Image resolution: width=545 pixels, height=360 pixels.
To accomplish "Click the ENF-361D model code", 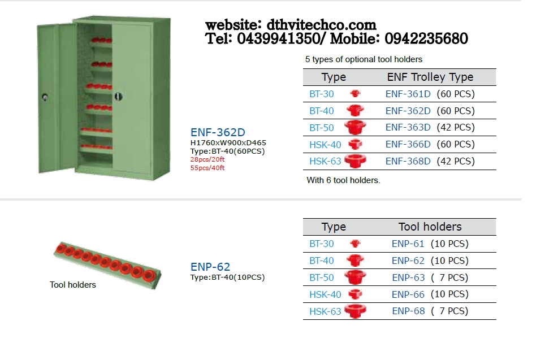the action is click(x=408, y=94).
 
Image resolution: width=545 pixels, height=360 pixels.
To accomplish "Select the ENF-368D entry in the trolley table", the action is click(x=408, y=161).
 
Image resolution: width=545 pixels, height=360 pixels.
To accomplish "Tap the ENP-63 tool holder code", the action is click(x=408, y=277).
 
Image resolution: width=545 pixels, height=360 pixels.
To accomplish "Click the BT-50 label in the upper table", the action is click(x=322, y=128).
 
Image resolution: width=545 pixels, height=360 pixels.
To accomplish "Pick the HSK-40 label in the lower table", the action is click(x=325, y=294).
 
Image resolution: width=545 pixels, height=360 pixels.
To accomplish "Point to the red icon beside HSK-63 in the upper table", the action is click(x=355, y=161).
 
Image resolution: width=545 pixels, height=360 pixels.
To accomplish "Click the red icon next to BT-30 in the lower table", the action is click(x=355, y=244).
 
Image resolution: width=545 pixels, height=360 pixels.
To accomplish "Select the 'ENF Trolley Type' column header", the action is click(x=430, y=77).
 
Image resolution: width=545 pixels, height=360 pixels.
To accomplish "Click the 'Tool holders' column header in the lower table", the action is click(x=430, y=227).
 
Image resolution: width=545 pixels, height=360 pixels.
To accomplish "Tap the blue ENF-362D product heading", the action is click(x=218, y=132).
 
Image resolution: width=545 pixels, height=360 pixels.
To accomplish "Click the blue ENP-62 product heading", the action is click(x=210, y=267).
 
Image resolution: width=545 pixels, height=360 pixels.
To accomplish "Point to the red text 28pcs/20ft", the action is click(x=207, y=159).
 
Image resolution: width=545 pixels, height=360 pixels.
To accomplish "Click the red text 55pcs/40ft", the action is click(x=207, y=168).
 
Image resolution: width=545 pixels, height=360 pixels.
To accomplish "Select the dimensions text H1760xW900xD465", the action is click(x=228, y=142).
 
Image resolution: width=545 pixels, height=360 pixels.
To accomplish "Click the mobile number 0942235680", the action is click(x=426, y=38).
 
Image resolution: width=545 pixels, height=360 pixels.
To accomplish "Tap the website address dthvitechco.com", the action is click(x=322, y=25).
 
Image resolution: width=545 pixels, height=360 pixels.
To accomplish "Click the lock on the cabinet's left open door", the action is click(x=45, y=97).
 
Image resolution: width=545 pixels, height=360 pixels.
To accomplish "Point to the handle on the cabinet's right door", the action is click(x=118, y=96).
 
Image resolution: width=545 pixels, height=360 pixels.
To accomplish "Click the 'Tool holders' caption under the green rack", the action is click(x=72, y=285).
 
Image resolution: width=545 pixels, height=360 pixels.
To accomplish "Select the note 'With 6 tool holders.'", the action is click(x=343, y=180).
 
